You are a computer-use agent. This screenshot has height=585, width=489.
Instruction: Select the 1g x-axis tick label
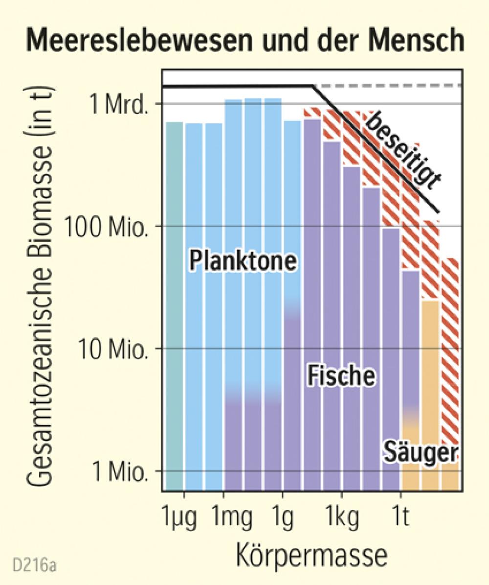tap(282, 517)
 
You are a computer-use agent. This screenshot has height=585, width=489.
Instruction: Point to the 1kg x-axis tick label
tap(341, 517)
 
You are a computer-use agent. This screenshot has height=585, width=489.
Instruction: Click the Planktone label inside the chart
tap(243, 260)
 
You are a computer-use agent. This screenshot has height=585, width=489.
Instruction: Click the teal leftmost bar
tap(174, 304)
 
